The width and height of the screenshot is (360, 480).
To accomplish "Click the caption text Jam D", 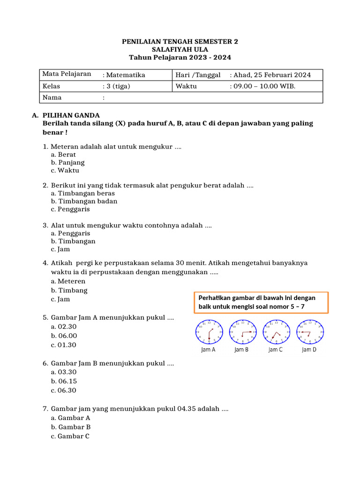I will point(309,350).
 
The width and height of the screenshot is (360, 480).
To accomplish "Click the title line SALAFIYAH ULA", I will point(180,49).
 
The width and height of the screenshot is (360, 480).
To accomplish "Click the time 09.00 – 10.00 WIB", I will point(264,86).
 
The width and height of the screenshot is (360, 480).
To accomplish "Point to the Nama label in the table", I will point(52,97).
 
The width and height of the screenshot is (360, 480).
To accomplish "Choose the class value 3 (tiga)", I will point(118,86).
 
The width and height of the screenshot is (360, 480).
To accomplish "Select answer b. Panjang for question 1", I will point(67,163).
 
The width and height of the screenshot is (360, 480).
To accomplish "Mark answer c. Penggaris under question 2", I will point(70,210).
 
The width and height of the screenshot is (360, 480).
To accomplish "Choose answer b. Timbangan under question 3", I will point(73,241).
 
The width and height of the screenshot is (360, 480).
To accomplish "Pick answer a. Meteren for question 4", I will point(68,281).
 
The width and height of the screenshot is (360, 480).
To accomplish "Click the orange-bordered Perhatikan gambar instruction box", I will point(261,302).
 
